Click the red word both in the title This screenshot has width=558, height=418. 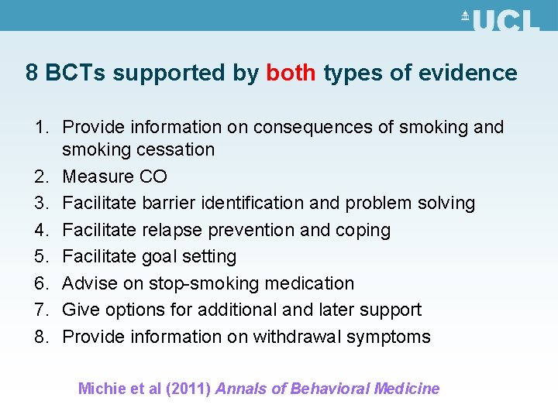pos(291,74)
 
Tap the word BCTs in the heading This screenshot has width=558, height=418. pos(77,74)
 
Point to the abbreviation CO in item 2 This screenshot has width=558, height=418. pos(153,176)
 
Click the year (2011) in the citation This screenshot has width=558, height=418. pos(187,389)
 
